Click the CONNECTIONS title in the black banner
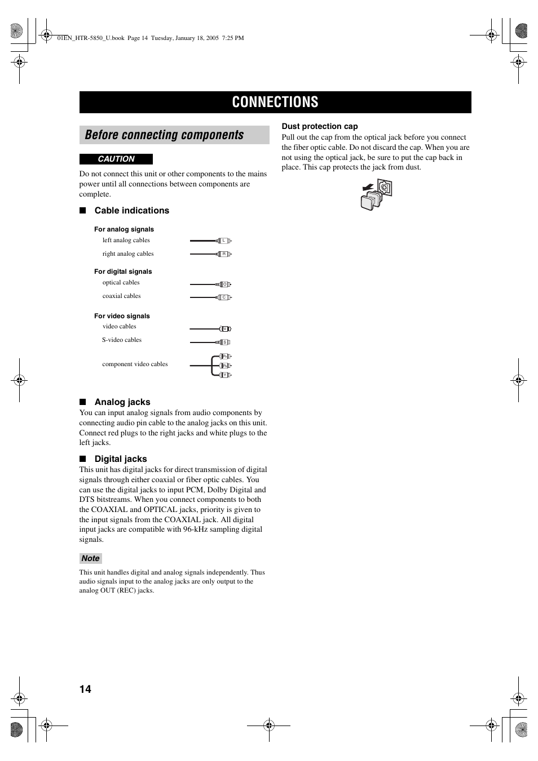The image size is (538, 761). tap(275, 102)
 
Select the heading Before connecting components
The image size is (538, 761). tap(164, 135)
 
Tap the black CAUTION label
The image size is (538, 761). tap(116, 159)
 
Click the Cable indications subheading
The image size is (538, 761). tap(131, 211)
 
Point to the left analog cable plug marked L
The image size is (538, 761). tap(223, 241)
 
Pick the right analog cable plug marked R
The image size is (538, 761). tap(223, 254)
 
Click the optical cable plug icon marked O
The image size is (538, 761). tap(223, 284)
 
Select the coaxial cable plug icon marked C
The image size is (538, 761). tap(223, 297)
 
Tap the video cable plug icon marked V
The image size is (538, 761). tap(224, 329)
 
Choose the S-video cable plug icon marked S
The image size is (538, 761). tap(224, 342)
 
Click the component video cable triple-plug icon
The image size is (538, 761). tap(222, 366)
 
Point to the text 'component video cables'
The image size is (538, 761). tap(135, 364)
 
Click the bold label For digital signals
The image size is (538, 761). tap(123, 272)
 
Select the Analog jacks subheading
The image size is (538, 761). tap(122, 402)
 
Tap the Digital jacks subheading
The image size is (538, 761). tap(121, 459)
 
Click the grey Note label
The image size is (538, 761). tap(90, 558)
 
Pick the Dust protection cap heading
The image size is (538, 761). tap(320, 127)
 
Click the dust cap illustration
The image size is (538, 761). tap(376, 195)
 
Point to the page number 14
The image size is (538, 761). tap(85, 689)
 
